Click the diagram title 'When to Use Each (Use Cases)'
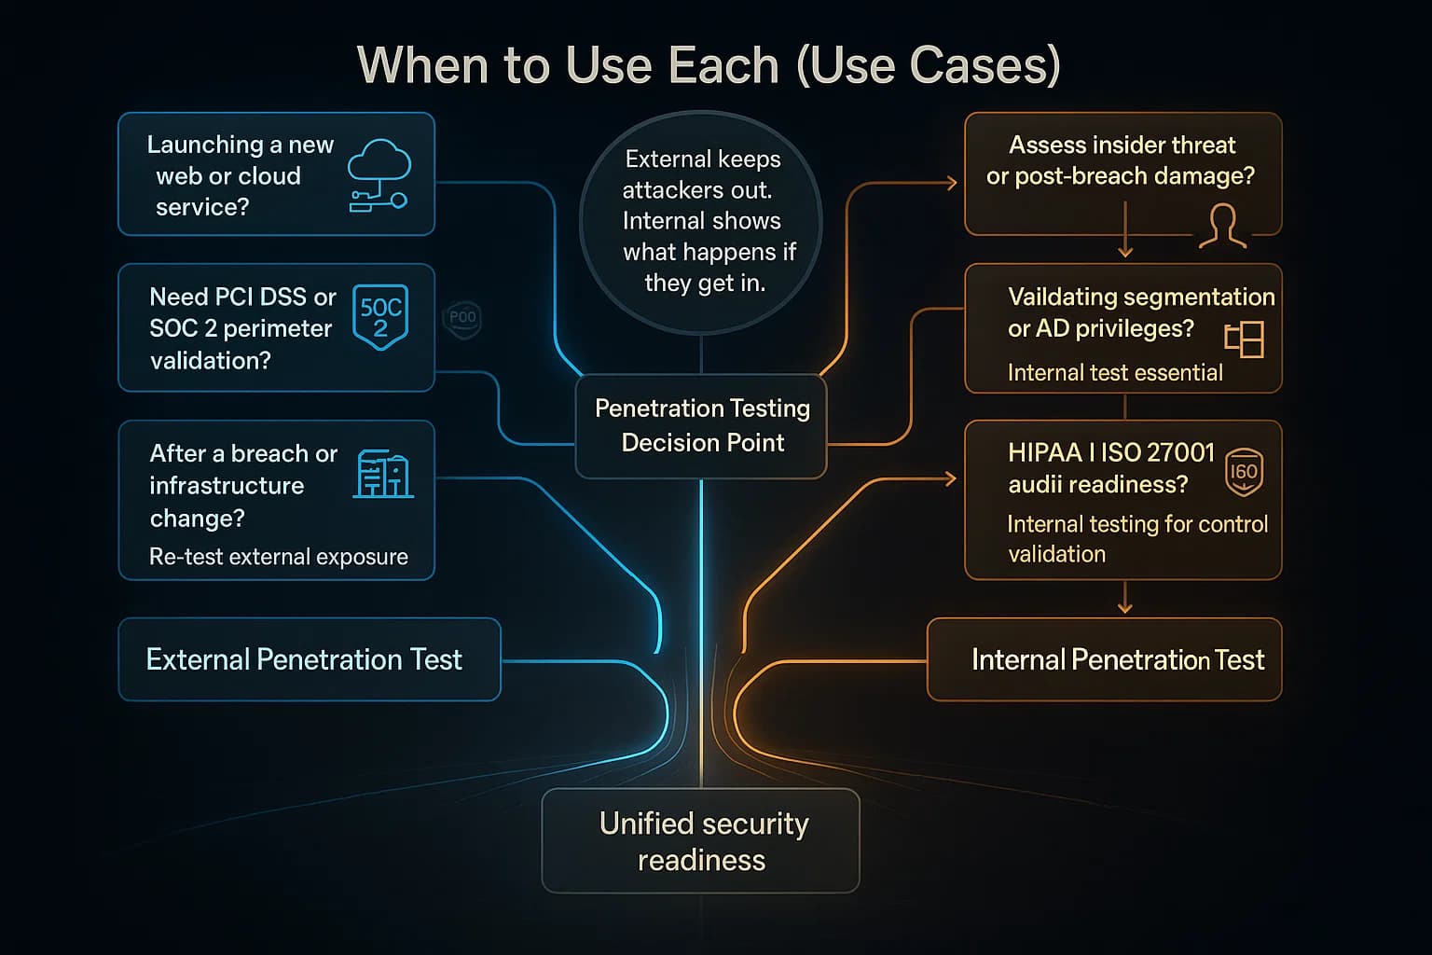click(709, 65)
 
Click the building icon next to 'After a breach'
click(383, 474)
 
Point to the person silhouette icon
click(1222, 227)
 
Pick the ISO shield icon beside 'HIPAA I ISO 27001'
click(1244, 472)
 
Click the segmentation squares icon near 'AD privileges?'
click(1244, 339)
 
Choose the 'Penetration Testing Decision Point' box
click(701, 426)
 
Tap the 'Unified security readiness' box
click(701, 841)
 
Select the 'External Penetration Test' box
click(309, 659)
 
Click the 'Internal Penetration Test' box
click(1105, 659)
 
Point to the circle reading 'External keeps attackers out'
click(701, 222)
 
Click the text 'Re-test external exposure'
click(279, 557)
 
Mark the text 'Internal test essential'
click(1115, 373)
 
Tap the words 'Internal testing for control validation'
click(1136, 538)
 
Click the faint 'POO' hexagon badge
click(462, 318)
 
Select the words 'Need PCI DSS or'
click(242, 297)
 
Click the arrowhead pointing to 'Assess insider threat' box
click(952, 183)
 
